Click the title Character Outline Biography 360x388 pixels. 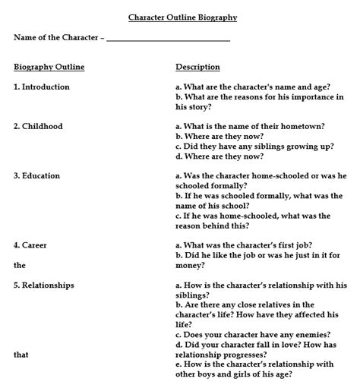pos(182,17)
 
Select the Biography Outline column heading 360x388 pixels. pos(49,68)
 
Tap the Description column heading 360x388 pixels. pos(197,68)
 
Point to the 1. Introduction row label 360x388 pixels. pos(41,87)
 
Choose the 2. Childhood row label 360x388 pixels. pos(38,127)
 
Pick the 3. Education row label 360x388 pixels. pos(36,176)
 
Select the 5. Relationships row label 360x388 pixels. pos(43,285)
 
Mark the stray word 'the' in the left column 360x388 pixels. pos(19,266)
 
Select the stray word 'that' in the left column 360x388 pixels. pos(21,354)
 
